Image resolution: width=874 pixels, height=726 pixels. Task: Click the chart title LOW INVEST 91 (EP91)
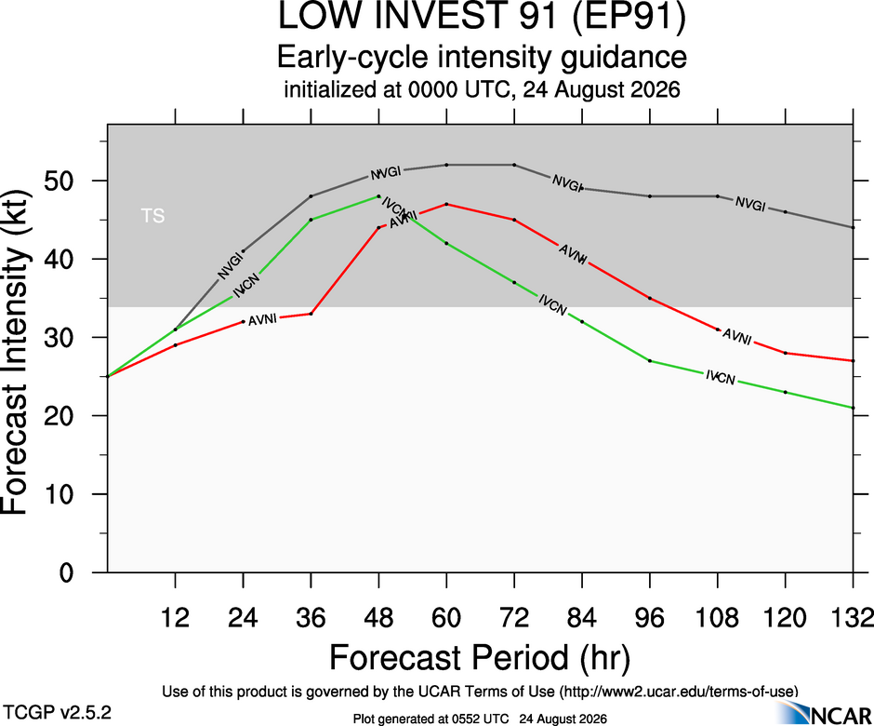482,16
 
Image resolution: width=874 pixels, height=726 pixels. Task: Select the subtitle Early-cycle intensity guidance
482,58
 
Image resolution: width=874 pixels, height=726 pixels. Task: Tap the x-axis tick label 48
379,618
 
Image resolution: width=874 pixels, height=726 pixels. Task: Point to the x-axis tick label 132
853,618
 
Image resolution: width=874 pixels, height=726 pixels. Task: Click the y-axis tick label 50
60,181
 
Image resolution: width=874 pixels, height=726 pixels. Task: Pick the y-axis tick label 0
66,572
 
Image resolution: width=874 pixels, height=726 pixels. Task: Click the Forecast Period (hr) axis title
480,657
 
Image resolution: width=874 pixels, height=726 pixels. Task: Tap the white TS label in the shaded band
152,215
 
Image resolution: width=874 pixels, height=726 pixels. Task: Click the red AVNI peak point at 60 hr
446,204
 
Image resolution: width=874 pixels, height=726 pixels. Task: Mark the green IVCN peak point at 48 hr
379,196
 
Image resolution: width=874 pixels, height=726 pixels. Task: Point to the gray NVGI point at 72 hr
514,165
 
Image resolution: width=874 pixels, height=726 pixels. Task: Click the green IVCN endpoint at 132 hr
853,408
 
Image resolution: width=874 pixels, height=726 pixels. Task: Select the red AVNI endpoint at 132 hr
853,361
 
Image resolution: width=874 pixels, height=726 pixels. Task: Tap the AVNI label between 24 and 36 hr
262,320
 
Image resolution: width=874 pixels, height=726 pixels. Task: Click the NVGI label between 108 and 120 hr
750,204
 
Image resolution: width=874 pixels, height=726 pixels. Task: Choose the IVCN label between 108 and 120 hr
721,377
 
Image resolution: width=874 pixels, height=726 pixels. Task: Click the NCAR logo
824,713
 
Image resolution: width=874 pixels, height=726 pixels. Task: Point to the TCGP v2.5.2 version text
57,713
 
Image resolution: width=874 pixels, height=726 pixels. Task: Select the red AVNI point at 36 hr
311,314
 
